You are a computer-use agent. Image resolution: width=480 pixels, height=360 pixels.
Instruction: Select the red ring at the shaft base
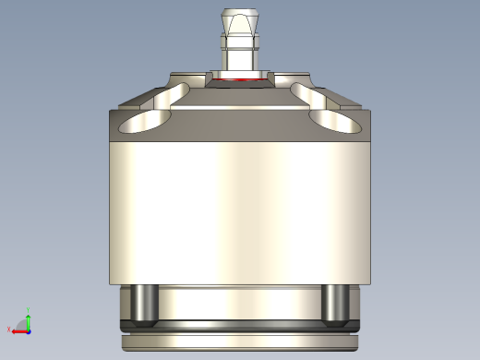240,80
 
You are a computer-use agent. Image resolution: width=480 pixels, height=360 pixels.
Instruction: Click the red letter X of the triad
9,330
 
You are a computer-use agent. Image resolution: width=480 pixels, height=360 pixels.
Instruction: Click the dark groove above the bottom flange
240,326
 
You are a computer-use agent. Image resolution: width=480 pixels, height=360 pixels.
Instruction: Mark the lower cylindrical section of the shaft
240,60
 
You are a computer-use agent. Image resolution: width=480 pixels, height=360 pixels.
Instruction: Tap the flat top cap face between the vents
240,102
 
